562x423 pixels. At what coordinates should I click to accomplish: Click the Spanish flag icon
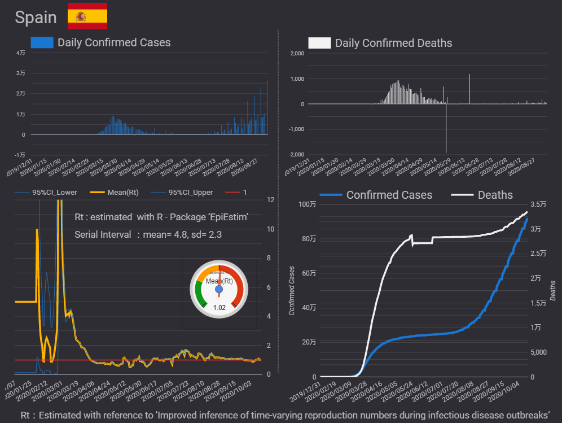87,16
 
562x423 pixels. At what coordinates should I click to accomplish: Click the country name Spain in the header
36,18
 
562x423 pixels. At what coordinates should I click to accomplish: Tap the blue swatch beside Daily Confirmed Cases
42,42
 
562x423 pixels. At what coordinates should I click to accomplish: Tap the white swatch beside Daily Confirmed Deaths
319,43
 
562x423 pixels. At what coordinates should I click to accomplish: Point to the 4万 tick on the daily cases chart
20,53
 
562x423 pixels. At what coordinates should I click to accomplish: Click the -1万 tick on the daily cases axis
19,155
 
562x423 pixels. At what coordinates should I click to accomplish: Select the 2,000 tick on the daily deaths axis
297,53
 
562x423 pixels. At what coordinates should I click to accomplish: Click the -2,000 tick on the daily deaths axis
296,155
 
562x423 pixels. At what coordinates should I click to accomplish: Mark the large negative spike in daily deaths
446,136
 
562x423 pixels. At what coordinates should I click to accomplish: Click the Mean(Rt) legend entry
118,193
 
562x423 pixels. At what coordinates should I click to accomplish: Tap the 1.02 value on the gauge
219,308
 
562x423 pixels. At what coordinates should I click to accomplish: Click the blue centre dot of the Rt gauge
219,289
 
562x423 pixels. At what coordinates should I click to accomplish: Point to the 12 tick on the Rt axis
270,200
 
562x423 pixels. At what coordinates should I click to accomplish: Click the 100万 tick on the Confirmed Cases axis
308,204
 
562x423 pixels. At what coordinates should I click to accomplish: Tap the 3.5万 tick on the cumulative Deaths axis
538,204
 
